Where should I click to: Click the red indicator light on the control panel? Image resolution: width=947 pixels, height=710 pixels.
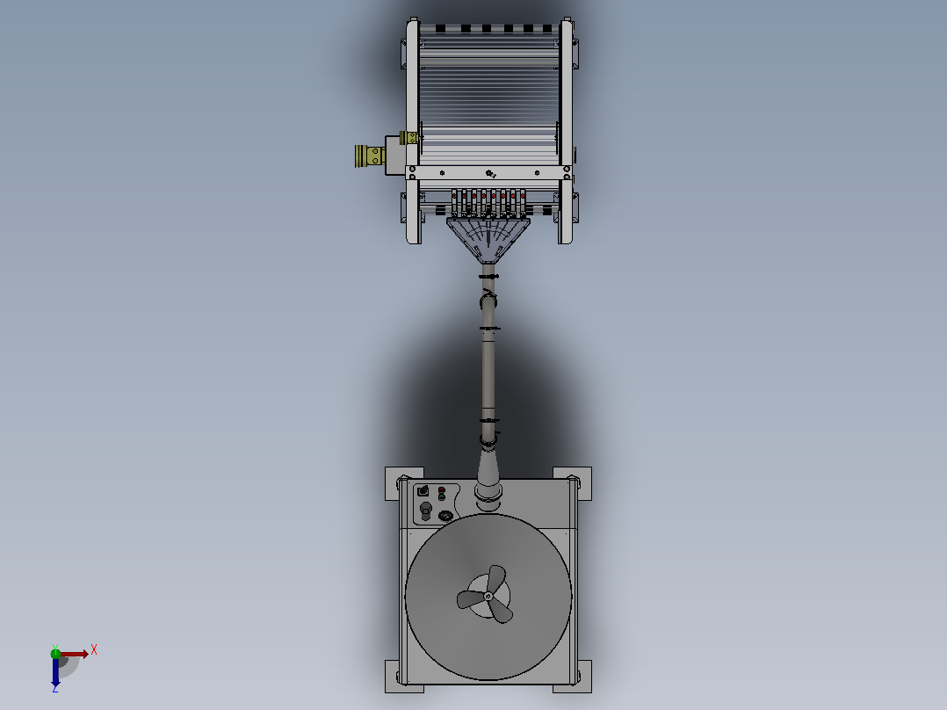442,489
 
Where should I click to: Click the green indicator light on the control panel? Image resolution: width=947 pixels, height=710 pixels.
442,496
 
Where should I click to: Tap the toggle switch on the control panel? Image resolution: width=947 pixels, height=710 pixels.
423,490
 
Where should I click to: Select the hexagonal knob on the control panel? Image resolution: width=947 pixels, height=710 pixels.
426,510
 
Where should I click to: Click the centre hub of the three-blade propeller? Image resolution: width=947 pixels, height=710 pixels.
488,597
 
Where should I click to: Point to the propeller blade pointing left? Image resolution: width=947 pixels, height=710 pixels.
471,600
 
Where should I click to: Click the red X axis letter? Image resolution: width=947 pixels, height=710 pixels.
94,650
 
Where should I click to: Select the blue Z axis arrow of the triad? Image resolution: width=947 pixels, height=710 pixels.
55,671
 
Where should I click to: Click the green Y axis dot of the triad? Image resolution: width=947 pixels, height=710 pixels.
55,653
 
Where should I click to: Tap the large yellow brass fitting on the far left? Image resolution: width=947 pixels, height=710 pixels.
370,156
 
